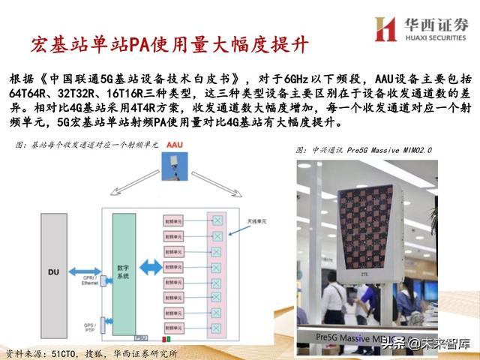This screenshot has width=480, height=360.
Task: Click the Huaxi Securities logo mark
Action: pyautogui.click(x=385, y=28)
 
